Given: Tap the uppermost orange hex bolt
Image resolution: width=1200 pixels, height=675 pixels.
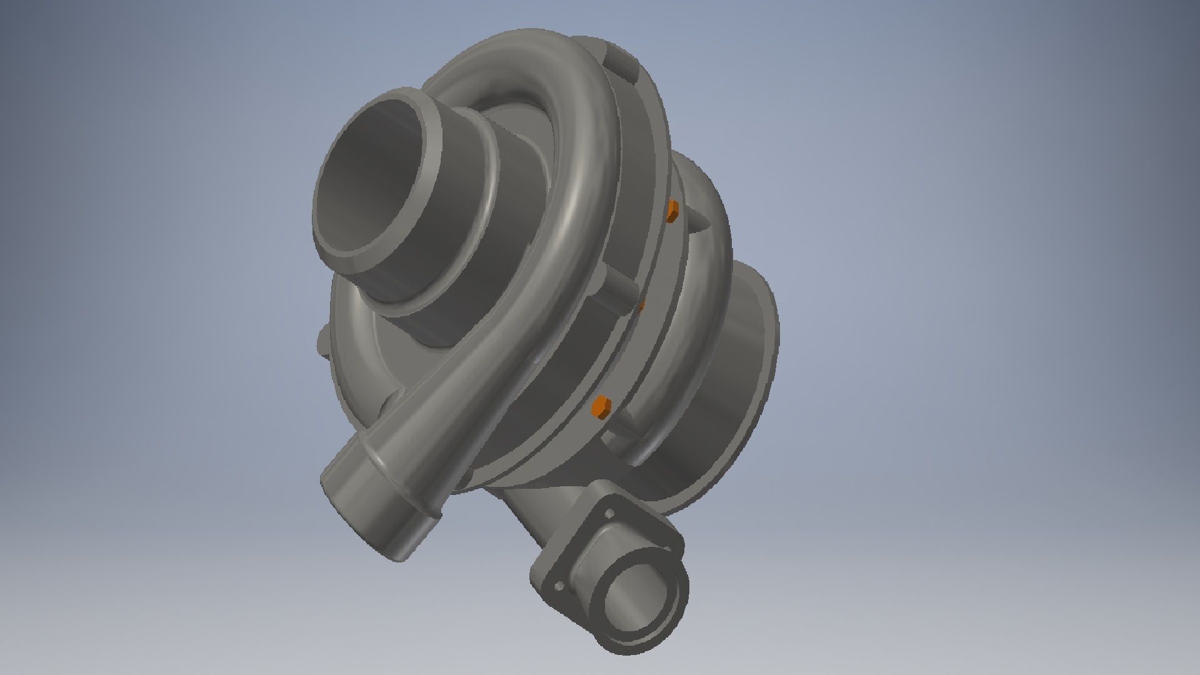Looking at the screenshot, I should (672, 211).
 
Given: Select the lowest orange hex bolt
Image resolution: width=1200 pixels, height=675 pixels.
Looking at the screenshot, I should (601, 406).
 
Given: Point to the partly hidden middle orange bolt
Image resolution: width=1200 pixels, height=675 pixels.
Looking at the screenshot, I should (640, 304).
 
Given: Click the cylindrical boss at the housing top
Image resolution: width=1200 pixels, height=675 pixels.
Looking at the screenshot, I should (619, 59).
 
